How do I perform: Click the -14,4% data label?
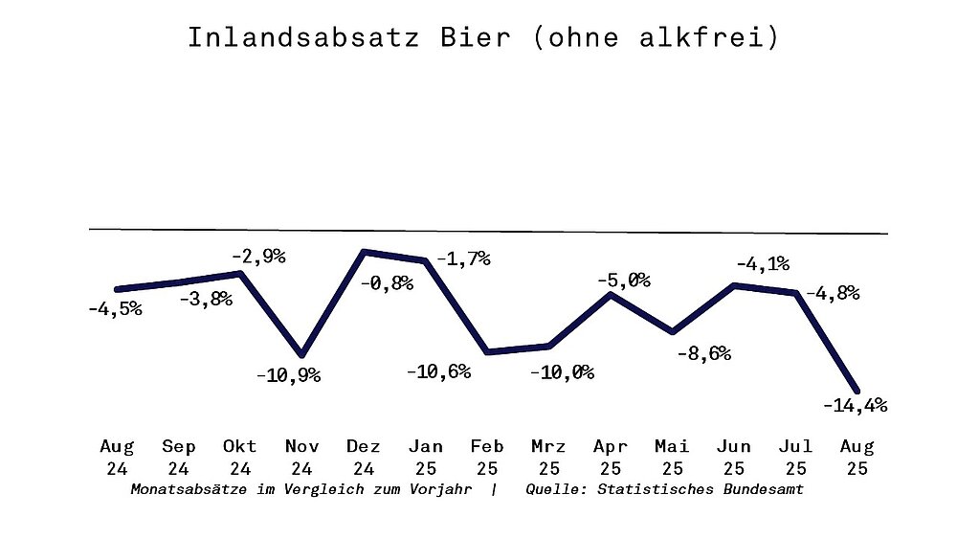[855, 405]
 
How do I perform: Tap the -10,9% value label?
[288, 375]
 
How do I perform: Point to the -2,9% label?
[257, 257]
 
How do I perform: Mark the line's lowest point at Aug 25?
[857, 389]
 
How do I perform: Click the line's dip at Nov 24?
[301, 354]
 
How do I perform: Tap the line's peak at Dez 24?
[364, 252]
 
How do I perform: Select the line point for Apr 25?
[611, 294]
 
